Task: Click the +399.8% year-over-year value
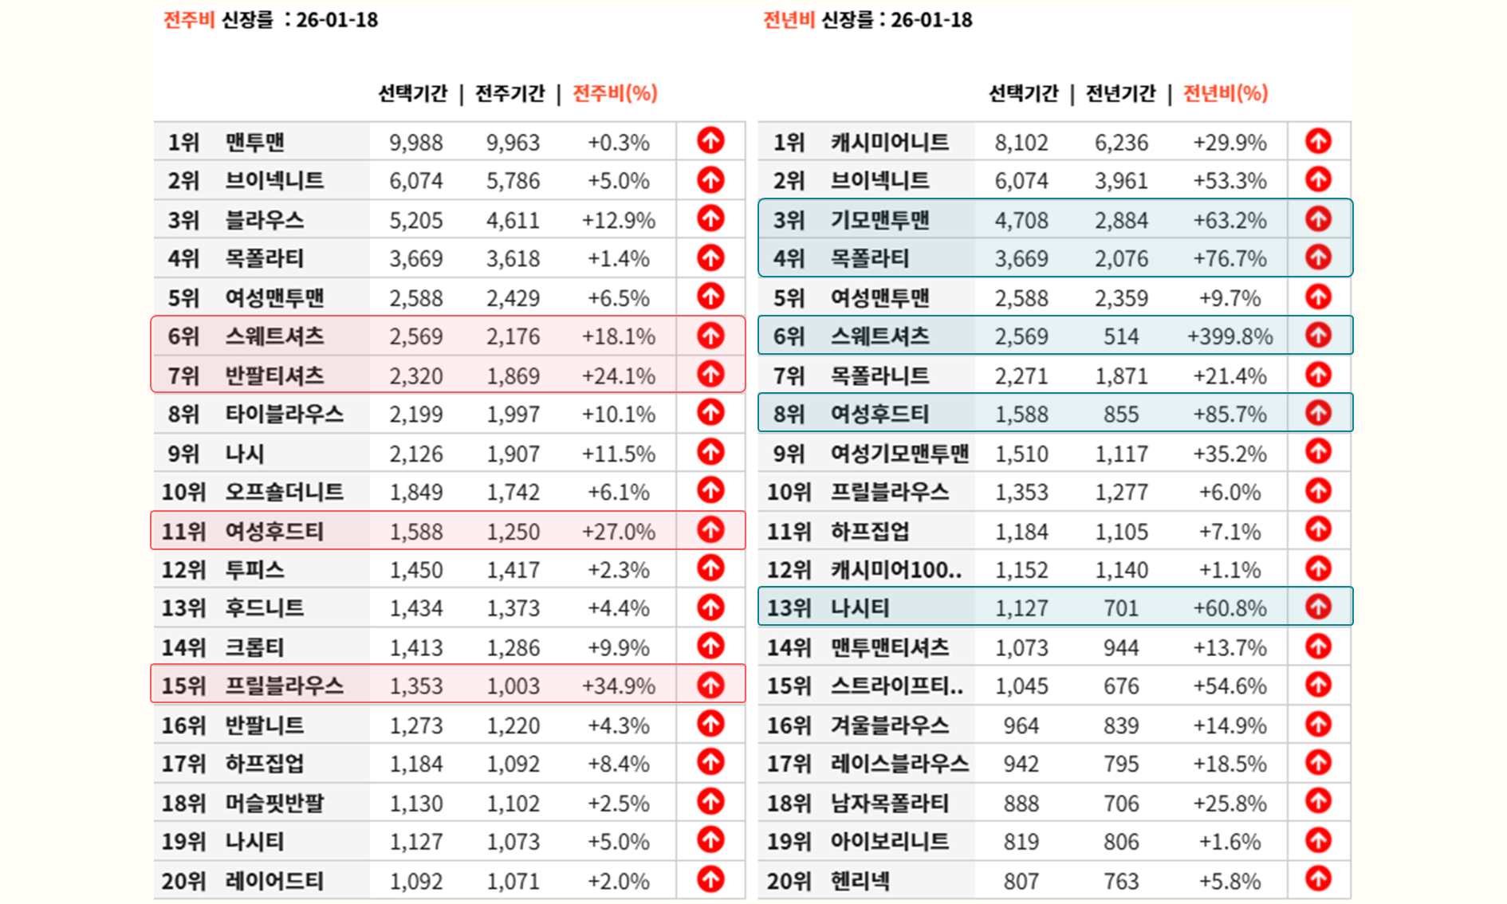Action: [1230, 336]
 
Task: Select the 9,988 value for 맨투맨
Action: [415, 143]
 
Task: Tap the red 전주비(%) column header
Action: [615, 93]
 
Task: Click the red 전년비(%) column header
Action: [1225, 93]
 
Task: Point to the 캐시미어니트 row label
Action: [889, 143]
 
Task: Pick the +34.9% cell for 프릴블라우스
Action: [618, 686]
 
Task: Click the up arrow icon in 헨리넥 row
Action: [1318, 879]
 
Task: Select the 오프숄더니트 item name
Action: [284, 492]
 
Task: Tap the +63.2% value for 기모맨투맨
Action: [1230, 220]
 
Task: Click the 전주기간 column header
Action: [510, 93]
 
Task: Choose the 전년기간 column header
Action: [1120, 93]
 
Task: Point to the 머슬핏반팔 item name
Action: [274, 803]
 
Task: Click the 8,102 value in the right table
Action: [1021, 143]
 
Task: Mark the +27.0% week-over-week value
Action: [618, 531]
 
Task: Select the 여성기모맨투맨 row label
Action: [899, 454]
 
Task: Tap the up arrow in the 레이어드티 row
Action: [710, 879]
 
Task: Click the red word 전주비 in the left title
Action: [189, 20]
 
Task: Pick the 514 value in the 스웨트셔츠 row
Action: [1120, 336]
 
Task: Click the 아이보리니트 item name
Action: [889, 842]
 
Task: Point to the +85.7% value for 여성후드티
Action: [1230, 415]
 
